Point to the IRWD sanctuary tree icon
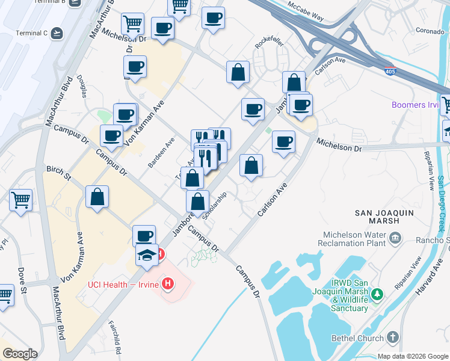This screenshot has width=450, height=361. [377, 294]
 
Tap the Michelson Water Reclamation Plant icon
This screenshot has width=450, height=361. [395, 238]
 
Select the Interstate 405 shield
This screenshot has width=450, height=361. [389, 70]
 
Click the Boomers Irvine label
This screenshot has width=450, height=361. [415, 105]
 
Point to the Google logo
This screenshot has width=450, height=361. [20, 354]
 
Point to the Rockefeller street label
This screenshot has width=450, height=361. [268, 43]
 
